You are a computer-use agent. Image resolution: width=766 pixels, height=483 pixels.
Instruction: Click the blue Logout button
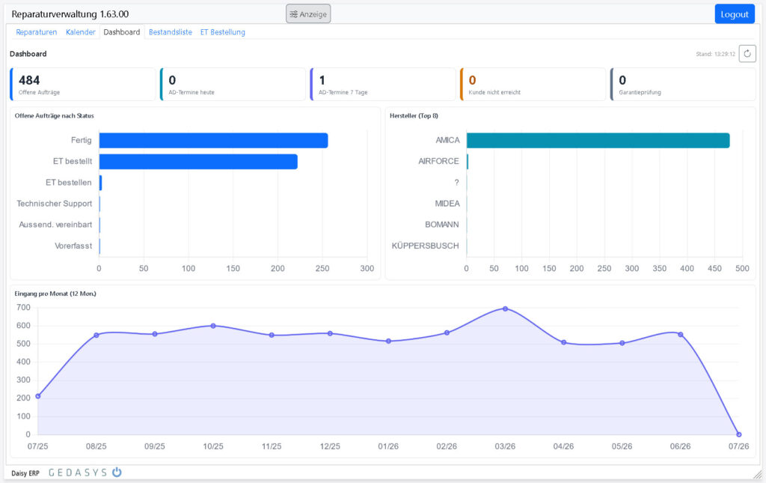735,14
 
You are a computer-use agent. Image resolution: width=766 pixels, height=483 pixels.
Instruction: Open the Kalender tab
81,32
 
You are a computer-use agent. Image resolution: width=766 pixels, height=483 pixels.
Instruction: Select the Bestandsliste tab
171,32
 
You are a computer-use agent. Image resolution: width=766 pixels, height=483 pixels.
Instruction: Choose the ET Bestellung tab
223,32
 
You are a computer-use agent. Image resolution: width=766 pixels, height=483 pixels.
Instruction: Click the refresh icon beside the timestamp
747,54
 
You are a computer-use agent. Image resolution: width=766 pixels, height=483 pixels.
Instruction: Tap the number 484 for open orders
29,80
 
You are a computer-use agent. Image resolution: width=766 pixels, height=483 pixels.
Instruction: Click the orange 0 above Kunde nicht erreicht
472,80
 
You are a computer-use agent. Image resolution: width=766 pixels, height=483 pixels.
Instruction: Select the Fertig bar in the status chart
213,140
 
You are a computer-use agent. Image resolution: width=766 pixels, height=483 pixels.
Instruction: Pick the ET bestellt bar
198,161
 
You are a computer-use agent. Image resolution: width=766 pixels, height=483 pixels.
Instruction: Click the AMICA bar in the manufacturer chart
598,140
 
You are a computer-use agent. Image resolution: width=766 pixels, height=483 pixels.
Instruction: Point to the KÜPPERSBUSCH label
425,246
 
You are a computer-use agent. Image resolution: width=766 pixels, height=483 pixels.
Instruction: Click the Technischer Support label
54,204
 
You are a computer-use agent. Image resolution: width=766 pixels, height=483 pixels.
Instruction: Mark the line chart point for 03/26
505,309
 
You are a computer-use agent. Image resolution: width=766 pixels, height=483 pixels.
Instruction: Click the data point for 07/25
38,396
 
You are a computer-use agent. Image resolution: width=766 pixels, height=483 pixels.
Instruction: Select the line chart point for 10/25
213,326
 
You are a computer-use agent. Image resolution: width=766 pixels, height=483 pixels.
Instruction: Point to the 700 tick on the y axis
23,308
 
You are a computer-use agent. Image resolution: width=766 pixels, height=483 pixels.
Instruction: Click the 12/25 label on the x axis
330,446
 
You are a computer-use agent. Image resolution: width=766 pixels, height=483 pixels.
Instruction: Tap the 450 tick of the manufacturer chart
714,268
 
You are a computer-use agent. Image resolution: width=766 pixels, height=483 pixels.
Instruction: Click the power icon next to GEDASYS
117,473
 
